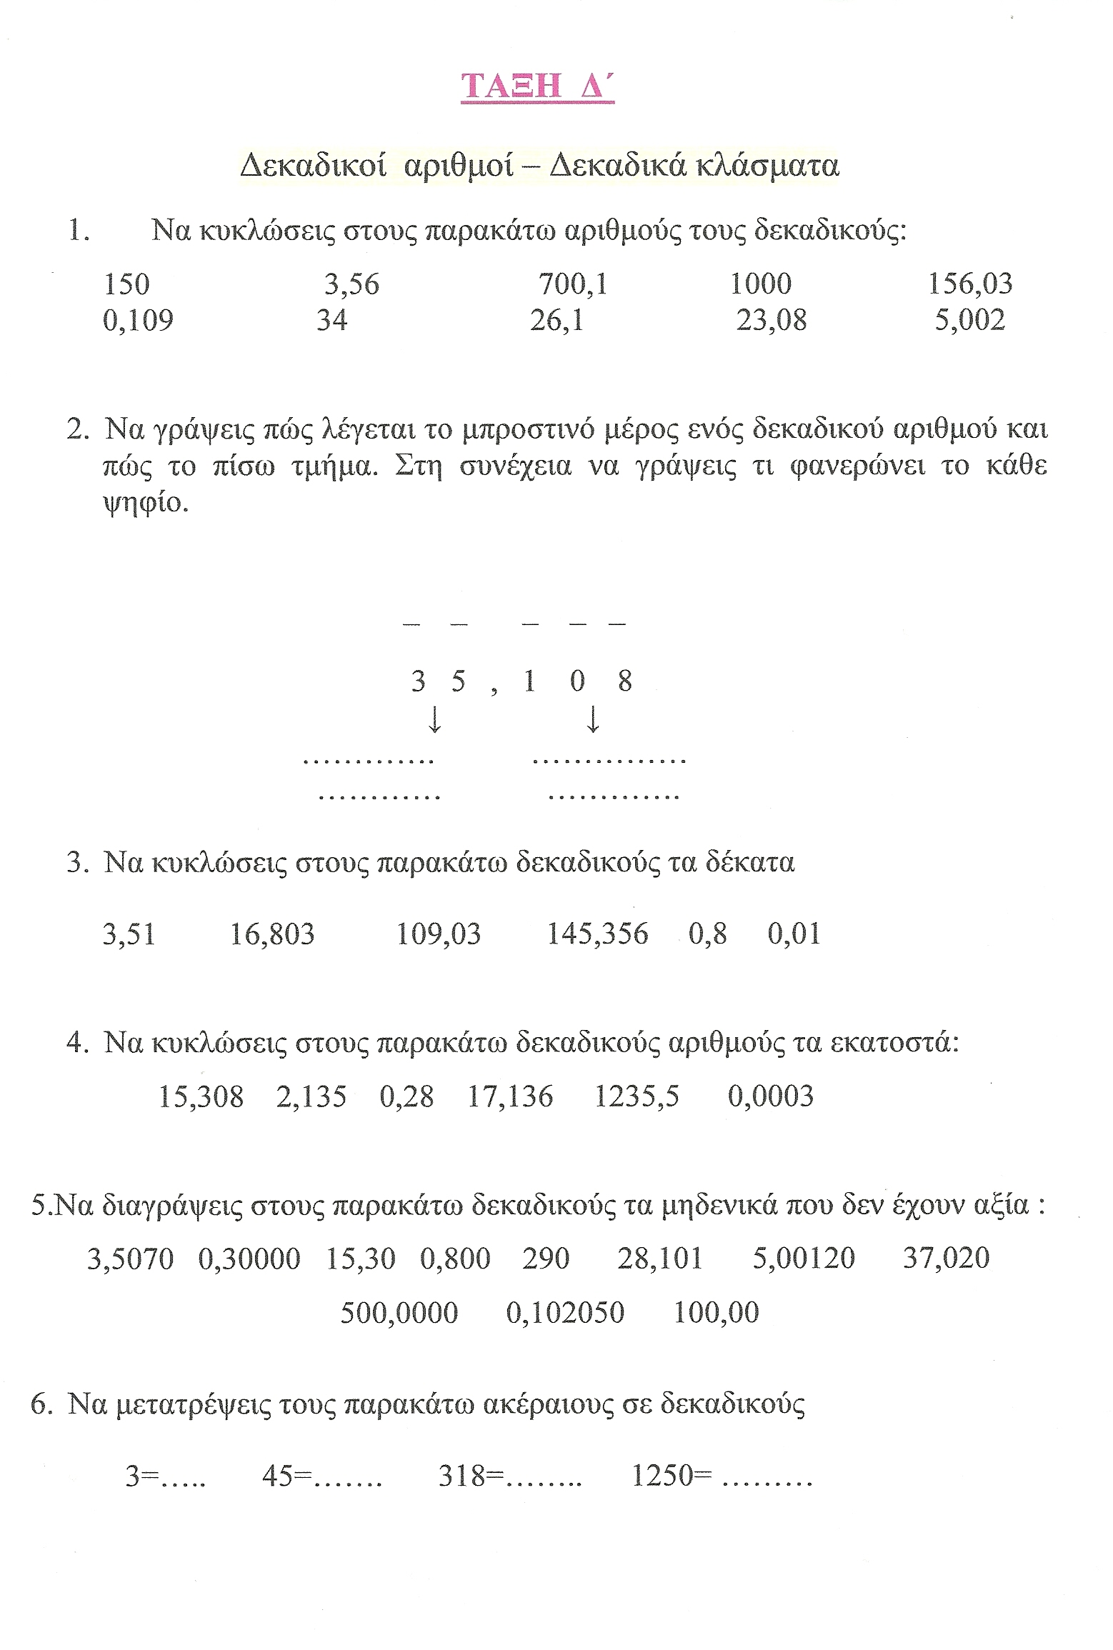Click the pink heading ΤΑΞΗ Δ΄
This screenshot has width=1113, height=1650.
click(x=537, y=86)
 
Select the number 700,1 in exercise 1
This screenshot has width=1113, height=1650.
click(x=573, y=284)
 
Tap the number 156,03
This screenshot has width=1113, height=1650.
click(x=970, y=284)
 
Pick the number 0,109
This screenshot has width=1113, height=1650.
click(x=138, y=321)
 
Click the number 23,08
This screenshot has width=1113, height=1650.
click(x=772, y=321)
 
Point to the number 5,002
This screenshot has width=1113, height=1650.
click(x=970, y=321)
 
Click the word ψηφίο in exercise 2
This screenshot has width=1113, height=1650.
click(x=146, y=504)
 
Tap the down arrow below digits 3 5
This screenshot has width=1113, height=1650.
click(x=434, y=720)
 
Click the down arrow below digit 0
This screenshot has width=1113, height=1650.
click(x=592, y=720)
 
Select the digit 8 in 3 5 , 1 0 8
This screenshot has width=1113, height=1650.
click(x=625, y=681)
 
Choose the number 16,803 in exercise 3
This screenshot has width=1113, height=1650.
click(x=272, y=934)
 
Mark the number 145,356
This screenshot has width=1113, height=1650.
click(x=597, y=934)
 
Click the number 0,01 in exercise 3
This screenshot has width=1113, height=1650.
click(x=794, y=934)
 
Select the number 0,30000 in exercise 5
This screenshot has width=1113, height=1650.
click(x=249, y=1259)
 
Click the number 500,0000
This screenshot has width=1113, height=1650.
click(x=399, y=1313)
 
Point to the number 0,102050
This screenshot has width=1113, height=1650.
click(x=565, y=1313)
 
